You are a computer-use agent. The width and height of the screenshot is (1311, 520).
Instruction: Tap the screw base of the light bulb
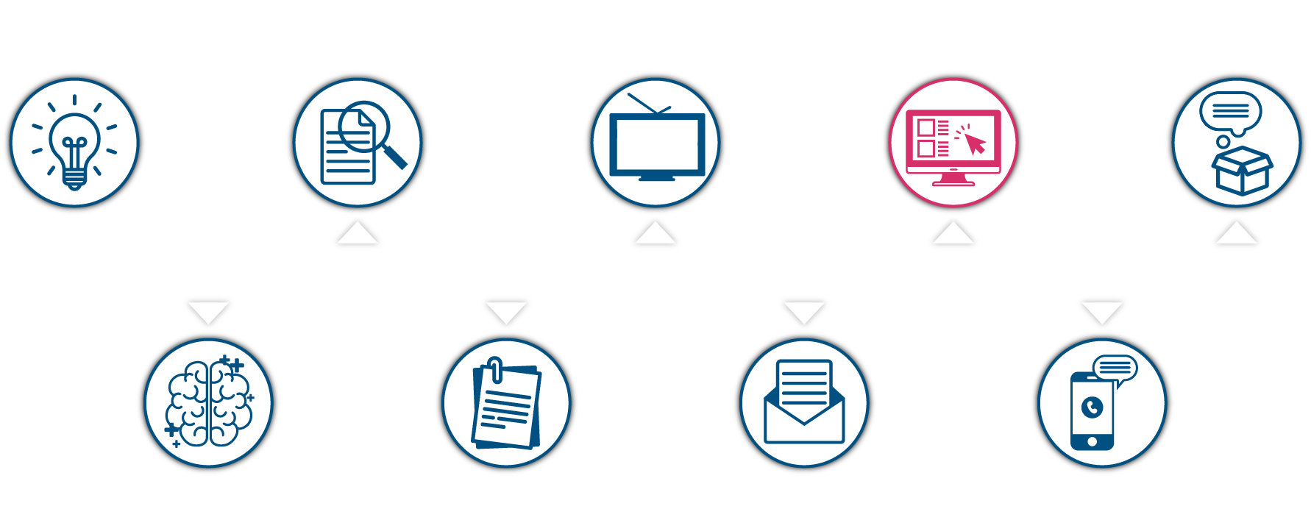[74, 177]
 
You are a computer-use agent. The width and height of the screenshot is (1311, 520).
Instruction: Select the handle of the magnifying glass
[394, 155]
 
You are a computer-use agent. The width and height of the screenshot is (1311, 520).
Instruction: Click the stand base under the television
[656, 178]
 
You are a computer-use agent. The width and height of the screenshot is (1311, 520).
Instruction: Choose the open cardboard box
[1242, 170]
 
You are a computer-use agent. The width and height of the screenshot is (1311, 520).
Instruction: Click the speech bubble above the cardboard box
[1230, 113]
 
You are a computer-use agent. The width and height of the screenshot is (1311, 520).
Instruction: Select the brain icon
[209, 403]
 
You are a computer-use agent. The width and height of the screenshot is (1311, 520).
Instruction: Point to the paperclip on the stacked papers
[496, 370]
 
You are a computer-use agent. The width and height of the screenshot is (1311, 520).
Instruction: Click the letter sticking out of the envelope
[804, 382]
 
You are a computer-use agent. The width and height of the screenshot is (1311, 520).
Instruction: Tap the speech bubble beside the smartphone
[1115, 368]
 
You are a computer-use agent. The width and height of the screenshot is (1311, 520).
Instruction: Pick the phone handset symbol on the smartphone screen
[1092, 407]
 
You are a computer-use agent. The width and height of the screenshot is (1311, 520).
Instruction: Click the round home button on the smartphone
[1092, 441]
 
